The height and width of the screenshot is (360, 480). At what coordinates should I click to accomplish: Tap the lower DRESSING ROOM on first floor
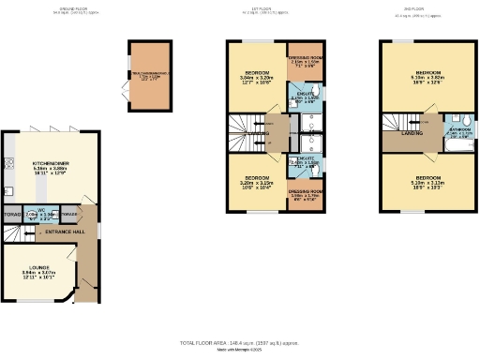click(x=305, y=194)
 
